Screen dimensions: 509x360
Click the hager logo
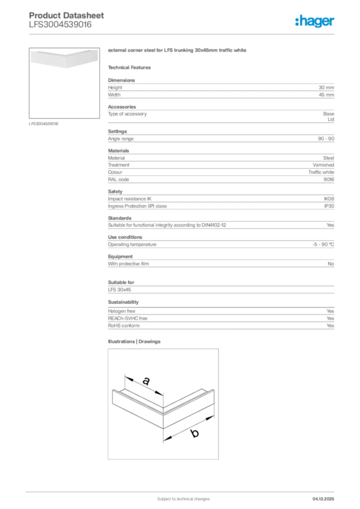point(314,21)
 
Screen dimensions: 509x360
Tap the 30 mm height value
point(326,87)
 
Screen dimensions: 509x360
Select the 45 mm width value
point(326,94)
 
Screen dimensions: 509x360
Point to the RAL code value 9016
point(328,179)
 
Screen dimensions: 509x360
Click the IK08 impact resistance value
point(329,199)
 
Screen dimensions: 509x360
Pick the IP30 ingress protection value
point(329,206)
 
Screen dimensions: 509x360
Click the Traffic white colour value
point(321,172)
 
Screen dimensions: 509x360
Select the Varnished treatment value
point(323,165)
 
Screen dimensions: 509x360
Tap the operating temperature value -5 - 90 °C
point(320,245)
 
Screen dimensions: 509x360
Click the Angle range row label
point(121,139)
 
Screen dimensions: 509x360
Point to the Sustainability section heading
point(123,302)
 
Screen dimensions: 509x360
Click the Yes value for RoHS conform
point(330,326)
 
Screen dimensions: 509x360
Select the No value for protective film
point(331,264)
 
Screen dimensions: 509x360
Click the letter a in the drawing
point(146,382)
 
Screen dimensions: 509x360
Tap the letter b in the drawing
point(195,433)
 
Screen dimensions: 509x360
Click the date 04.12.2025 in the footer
point(323,499)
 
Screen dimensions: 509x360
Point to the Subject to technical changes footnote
point(183,499)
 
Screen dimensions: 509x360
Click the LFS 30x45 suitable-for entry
point(119,289)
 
